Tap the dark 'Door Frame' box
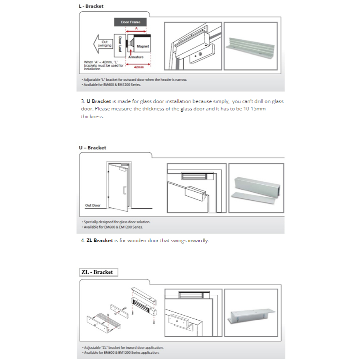(x=131, y=22)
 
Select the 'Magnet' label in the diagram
(x=143, y=47)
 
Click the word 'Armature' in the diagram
(x=135, y=57)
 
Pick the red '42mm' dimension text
(x=139, y=67)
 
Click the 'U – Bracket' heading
(x=92, y=148)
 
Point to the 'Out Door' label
(x=92, y=205)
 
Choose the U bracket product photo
(x=256, y=188)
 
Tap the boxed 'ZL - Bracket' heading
(x=97, y=272)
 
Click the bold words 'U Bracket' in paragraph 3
(x=99, y=101)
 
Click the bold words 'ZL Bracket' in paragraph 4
(x=100, y=241)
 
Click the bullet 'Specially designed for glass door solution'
(x=117, y=222)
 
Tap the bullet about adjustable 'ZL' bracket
(x=123, y=347)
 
